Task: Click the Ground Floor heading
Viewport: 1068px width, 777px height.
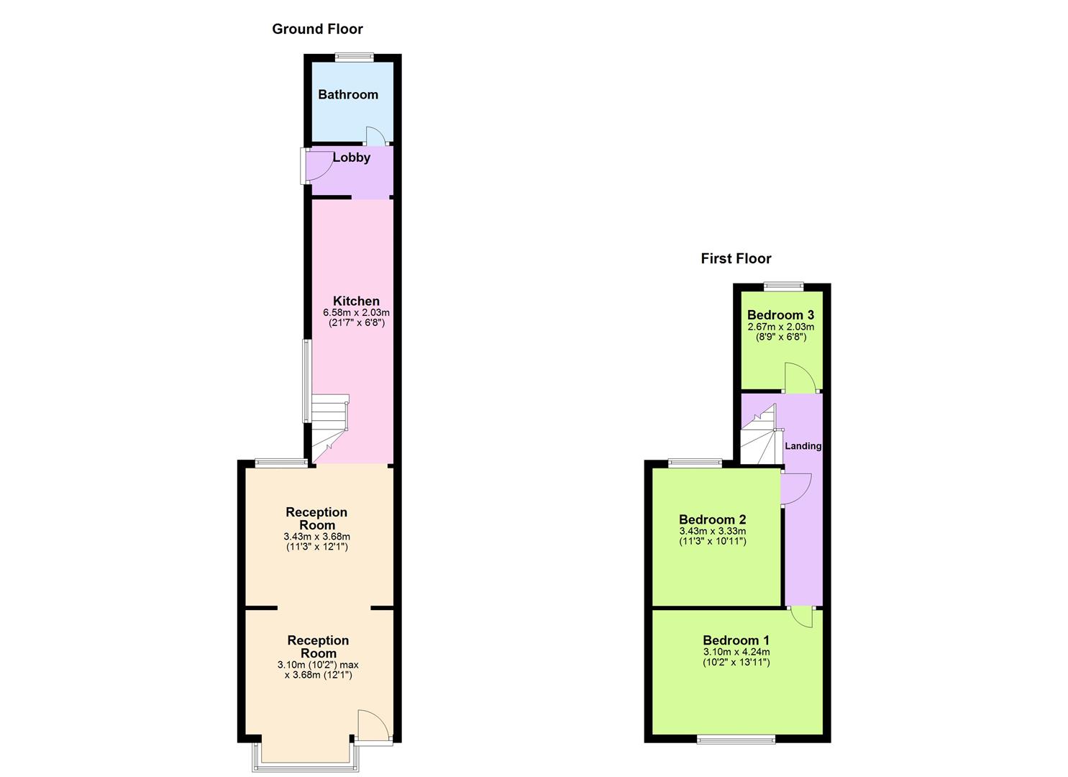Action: click(317, 29)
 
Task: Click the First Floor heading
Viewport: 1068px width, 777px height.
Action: click(736, 258)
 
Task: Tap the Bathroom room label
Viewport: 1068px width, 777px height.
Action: click(348, 94)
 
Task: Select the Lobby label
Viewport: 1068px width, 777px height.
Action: click(352, 157)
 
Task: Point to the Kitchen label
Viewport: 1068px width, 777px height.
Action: click(356, 301)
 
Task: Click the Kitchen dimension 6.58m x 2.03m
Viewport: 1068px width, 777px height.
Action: click(356, 313)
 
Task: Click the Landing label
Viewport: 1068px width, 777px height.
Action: click(803, 446)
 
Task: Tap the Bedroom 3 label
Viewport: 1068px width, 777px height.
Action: click(780, 314)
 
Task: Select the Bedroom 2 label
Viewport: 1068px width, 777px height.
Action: click(712, 519)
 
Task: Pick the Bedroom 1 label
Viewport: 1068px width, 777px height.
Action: click(736, 640)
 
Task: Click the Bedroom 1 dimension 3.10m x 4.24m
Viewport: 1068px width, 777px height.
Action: click(736, 653)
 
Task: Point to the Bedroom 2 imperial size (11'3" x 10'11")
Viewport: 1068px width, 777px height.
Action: click(712, 542)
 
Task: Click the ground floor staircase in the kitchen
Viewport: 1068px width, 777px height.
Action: click(329, 424)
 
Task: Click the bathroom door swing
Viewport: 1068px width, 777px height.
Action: click(375, 135)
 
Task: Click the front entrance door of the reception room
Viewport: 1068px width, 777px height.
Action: click(372, 725)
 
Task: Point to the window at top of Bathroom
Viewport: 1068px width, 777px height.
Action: click(355, 58)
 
